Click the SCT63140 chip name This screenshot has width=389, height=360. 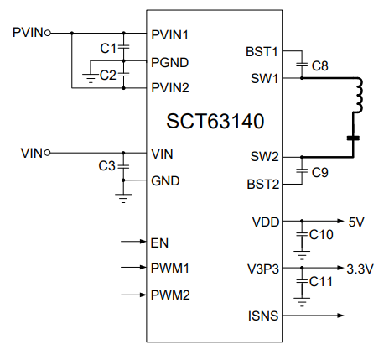pos(216,121)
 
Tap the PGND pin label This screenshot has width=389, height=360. pos(169,61)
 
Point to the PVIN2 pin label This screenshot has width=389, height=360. pos(171,87)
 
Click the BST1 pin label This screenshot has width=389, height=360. pos(263,51)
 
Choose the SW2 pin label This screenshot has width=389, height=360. pos(265,157)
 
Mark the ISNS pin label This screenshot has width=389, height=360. pos(264,316)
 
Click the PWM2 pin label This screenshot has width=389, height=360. pos(170,295)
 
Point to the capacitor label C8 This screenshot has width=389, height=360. pos(319,65)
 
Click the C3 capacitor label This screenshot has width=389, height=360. pos(106,166)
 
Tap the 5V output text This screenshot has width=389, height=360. pos(356,222)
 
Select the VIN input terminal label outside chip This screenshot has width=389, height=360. pos(31,153)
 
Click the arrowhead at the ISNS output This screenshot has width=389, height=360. pos(340,316)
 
